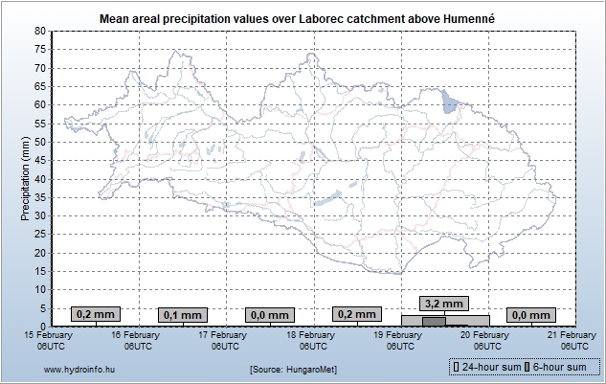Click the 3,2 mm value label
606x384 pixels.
[445, 304]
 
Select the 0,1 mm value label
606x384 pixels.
[182, 315]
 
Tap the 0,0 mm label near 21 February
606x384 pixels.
[531, 314]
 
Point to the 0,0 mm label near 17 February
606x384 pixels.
[268, 315]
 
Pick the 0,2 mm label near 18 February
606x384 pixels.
[356, 314]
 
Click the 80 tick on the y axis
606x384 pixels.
[40, 31]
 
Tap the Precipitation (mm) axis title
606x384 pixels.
[25, 178]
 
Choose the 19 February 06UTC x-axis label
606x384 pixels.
[398, 340]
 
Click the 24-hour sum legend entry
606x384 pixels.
[487, 367]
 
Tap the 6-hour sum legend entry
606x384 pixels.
[557, 367]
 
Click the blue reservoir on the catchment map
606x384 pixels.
[450, 102]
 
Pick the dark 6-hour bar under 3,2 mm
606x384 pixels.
[433, 322]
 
